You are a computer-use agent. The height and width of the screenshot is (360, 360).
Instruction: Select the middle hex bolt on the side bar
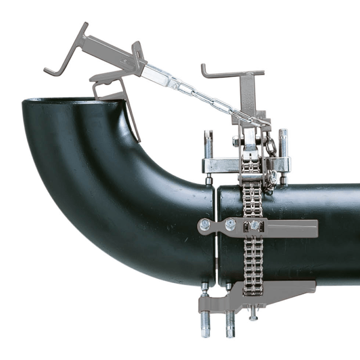click(x=230, y=224)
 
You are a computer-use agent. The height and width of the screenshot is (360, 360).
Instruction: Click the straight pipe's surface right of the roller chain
click(x=312, y=198)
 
